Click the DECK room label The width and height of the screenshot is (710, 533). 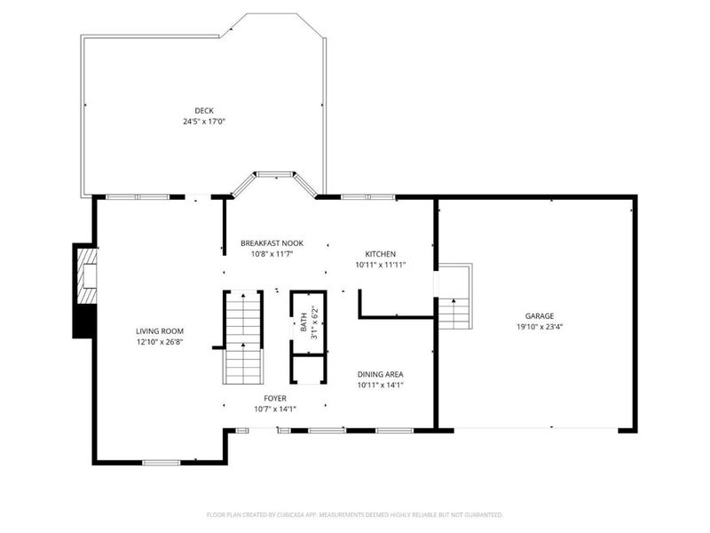pos(204,110)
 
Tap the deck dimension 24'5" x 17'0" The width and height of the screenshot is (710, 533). pos(204,122)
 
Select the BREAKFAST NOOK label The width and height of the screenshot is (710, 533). pos(272,243)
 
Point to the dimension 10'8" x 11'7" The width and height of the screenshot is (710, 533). pos(272,254)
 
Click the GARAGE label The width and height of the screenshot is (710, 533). pos(539,315)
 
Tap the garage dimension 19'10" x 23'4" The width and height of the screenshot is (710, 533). pos(539,327)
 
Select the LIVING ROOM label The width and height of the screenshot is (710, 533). pos(160,331)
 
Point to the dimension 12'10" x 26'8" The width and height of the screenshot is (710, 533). pos(160,343)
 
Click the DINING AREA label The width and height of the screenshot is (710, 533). pos(381,374)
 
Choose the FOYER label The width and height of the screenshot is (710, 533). pos(274,398)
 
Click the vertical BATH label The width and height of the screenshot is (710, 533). pos(303,321)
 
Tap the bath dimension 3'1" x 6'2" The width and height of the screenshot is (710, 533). pos(313,321)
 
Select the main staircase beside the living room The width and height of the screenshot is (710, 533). pos(242,338)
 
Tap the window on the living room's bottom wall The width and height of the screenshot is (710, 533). pos(161,461)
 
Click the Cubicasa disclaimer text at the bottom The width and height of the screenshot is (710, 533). pos(355,514)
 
